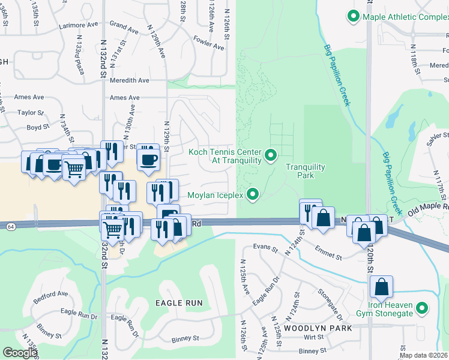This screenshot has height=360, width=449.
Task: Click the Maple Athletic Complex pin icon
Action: tap(354, 17)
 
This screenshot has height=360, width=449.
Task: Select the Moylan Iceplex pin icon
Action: tap(253, 194)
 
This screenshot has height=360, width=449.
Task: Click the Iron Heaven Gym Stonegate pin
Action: tap(423, 309)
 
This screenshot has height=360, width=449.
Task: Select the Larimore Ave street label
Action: tap(78, 26)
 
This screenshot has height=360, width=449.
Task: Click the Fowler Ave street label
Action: tap(208, 41)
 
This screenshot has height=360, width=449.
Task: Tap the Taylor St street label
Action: tap(31, 112)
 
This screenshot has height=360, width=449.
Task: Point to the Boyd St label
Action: tap(37, 127)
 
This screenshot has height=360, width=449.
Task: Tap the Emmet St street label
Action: tap(330, 257)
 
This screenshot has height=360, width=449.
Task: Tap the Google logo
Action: tap(20, 352)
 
